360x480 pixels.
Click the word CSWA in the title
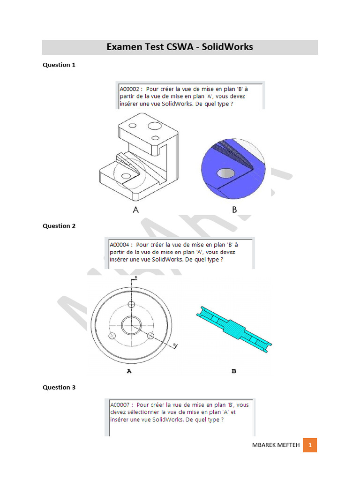(x=179, y=47)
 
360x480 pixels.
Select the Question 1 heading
(x=59, y=65)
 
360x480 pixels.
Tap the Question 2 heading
(x=59, y=226)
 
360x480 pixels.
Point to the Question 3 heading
(x=59, y=388)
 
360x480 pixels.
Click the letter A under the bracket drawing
(x=136, y=210)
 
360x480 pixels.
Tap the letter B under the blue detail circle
(x=234, y=210)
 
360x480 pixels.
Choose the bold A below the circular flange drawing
(x=129, y=371)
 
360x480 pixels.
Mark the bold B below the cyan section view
(x=234, y=371)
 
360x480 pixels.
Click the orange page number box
(x=310, y=444)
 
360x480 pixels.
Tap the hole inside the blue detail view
(x=226, y=173)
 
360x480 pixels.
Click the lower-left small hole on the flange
(x=112, y=336)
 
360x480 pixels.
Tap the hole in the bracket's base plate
(x=126, y=176)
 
